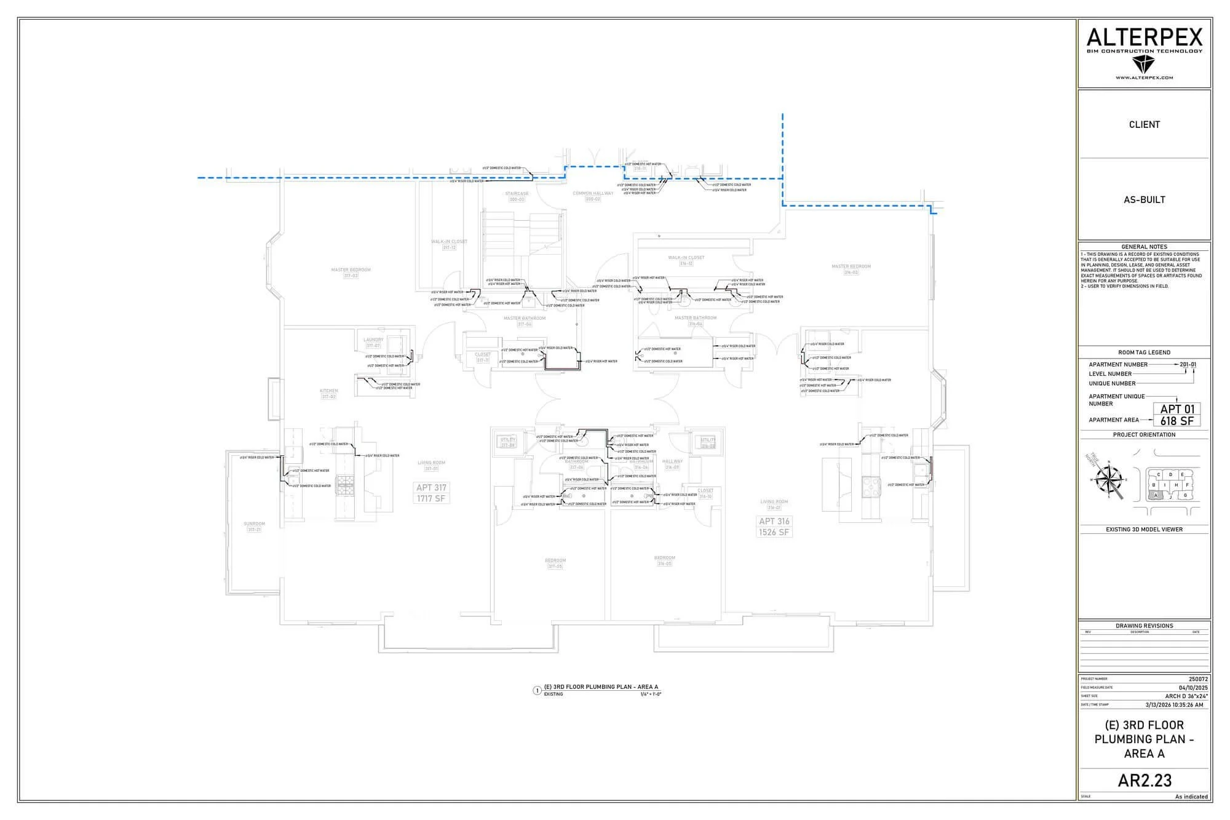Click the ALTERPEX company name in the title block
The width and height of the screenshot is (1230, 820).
point(1144,38)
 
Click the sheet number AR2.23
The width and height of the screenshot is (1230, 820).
point(1144,780)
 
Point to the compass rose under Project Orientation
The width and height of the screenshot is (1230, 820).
point(1109,480)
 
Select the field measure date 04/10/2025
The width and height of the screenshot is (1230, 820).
point(1193,688)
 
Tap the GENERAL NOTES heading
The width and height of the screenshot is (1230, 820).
point(1144,247)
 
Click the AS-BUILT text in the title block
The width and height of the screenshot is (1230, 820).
point(1144,199)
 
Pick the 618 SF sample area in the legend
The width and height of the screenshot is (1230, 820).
point(1176,421)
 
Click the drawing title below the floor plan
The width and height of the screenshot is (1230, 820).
point(600,687)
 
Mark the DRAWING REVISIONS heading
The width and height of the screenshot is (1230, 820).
point(1144,626)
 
